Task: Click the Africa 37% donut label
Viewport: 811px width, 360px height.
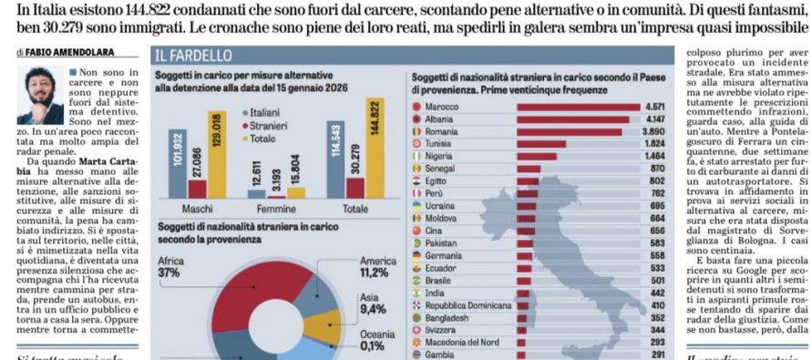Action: tap(170, 266)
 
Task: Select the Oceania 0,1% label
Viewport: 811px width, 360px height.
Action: tap(370, 339)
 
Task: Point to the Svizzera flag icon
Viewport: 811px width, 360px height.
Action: tap(417, 328)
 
